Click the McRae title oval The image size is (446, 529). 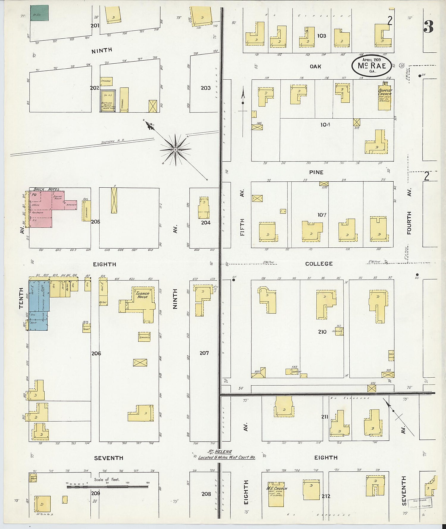tap(371, 65)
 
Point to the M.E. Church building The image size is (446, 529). tap(276, 494)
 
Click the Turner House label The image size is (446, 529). tap(142, 295)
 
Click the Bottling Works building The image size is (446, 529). tap(107, 101)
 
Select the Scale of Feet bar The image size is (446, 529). tap(107, 487)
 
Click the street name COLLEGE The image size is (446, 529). tap(319, 264)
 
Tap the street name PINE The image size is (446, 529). tap(316, 172)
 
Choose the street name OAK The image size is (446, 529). tap(315, 66)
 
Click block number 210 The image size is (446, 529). tap(322, 332)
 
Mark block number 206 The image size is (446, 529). tap(96, 353)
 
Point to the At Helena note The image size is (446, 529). tap(227, 455)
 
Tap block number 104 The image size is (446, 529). tap(325, 125)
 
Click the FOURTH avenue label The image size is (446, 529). tap(409, 223)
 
